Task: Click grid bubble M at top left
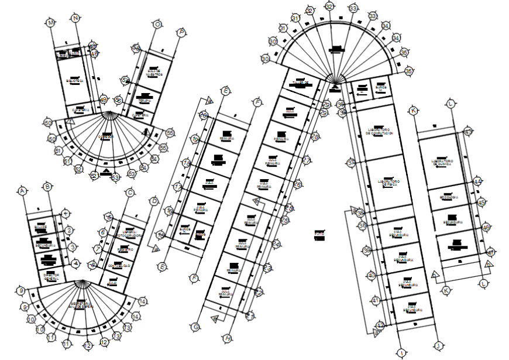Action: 51,22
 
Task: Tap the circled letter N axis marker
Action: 75,18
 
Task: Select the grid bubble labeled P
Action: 181,32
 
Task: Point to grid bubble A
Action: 23,191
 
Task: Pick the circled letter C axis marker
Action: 130,192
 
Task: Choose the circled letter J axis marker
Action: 436,345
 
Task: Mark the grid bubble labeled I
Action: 402,352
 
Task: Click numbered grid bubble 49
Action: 104,100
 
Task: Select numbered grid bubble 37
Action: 351,163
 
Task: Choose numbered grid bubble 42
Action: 380,325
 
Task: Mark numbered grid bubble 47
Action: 491,252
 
